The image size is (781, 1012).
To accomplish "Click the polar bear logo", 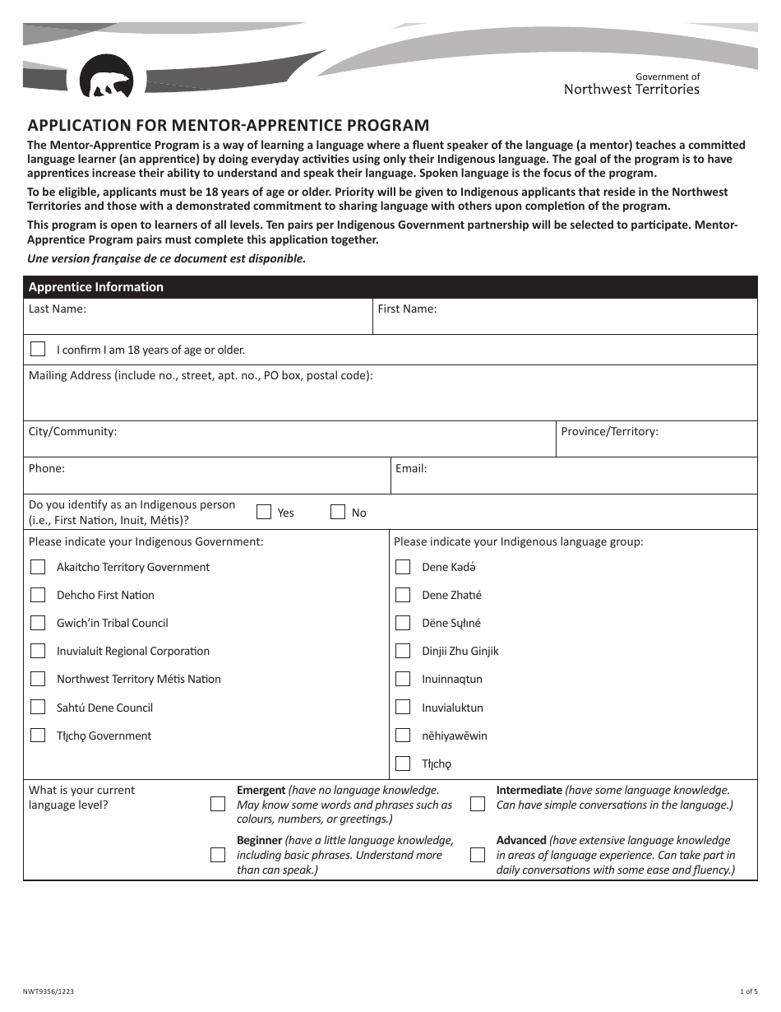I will point(106,77).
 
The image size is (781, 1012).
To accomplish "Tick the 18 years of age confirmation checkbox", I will point(38,349).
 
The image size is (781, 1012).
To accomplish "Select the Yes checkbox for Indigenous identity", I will point(264,512).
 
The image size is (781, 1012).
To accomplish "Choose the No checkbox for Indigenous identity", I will point(338,512).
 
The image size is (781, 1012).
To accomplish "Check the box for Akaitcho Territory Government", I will point(38,567).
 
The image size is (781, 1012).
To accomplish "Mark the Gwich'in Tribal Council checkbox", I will point(38,623).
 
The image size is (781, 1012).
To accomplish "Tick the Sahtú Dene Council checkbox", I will point(38,707).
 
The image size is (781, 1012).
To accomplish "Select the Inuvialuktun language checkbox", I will point(403,707).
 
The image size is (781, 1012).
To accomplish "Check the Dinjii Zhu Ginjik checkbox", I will point(403,651).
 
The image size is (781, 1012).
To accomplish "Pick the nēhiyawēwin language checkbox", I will point(403,735).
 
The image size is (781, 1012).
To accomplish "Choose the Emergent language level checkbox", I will point(218,804).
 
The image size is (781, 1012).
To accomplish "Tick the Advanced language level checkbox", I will point(478,855).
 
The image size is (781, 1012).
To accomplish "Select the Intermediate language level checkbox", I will point(478,804).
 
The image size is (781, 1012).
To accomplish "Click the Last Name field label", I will point(58,309).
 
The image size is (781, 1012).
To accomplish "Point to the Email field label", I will point(411,468).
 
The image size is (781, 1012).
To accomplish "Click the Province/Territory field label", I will point(609,431).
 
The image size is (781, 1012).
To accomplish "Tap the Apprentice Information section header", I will point(96,287).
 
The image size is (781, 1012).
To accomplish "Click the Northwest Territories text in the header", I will point(631,90).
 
